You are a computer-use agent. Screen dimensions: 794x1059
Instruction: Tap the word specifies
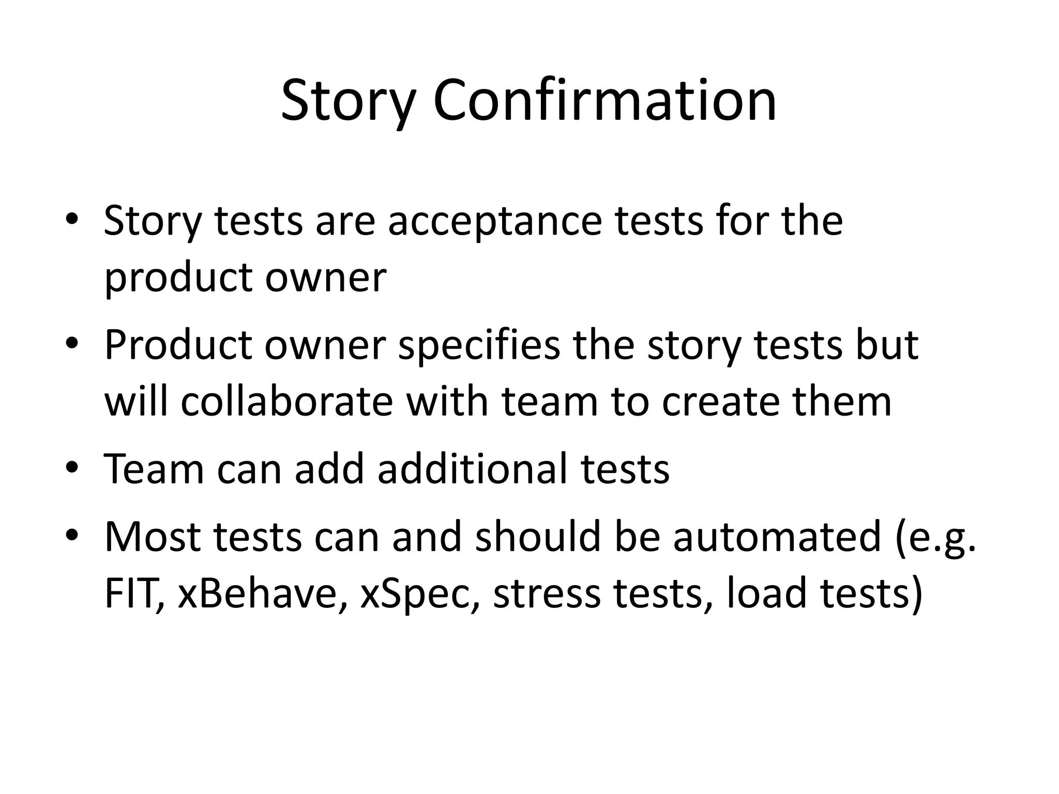479,345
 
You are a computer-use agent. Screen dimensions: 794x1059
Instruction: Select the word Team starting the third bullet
154,469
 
